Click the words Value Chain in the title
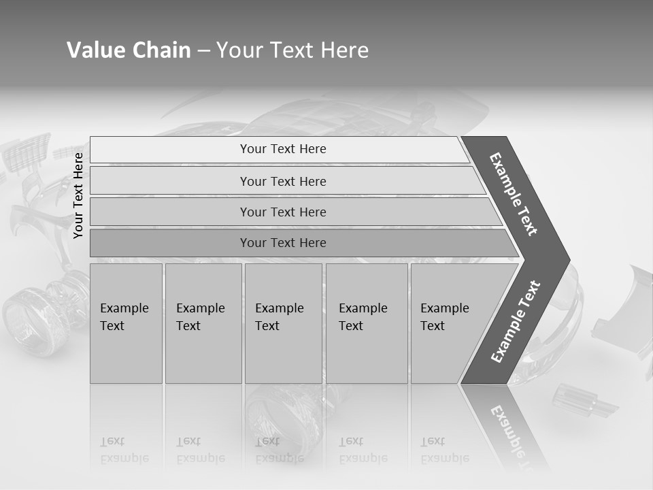[129, 50]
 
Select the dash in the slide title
[203, 50]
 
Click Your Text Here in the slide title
[292, 50]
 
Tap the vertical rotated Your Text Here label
[78, 195]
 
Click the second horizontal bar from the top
[283, 181]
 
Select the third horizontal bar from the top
[283, 212]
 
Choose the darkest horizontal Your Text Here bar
[283, 243]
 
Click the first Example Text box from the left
[126, 323]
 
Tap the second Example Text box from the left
[203, 323]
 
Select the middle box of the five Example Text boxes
[283, 323]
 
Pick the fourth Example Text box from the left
[366, 323]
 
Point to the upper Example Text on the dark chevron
[514, 194]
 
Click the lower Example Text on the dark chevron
[515, 322]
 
